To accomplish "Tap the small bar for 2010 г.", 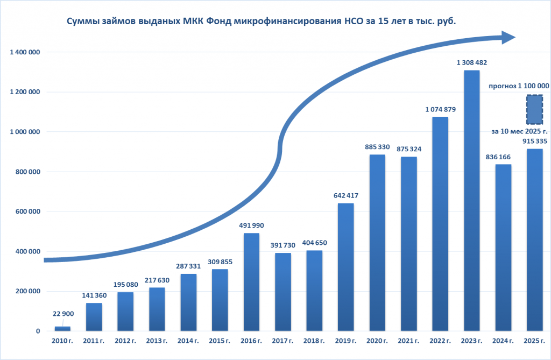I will pyautogui.click(x=63, y=328).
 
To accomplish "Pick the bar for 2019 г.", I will pyautogui.click(x=345, y=267).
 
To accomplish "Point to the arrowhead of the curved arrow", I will pyautogui.click(x=508, y=37).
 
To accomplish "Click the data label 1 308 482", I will pyautogui.click(x=471, y=63).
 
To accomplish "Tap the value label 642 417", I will pyautogui.click(x=345, y=196).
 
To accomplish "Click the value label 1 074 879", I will pyautogui.click(x=440, y=110).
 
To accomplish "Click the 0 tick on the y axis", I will pyautogui.click(x=38, y=331).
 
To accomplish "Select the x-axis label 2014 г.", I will pyautogui.click(x=188, y=341).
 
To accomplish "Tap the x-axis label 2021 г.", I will pyautogui.click(x=408, y=341).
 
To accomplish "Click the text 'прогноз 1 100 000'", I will pyautogui.click(x=518, y=86).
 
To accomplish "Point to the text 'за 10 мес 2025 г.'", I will pyautogui.click(x=519, y=131).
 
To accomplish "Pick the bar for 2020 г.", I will pyautogui.click(x=377, y=243).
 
